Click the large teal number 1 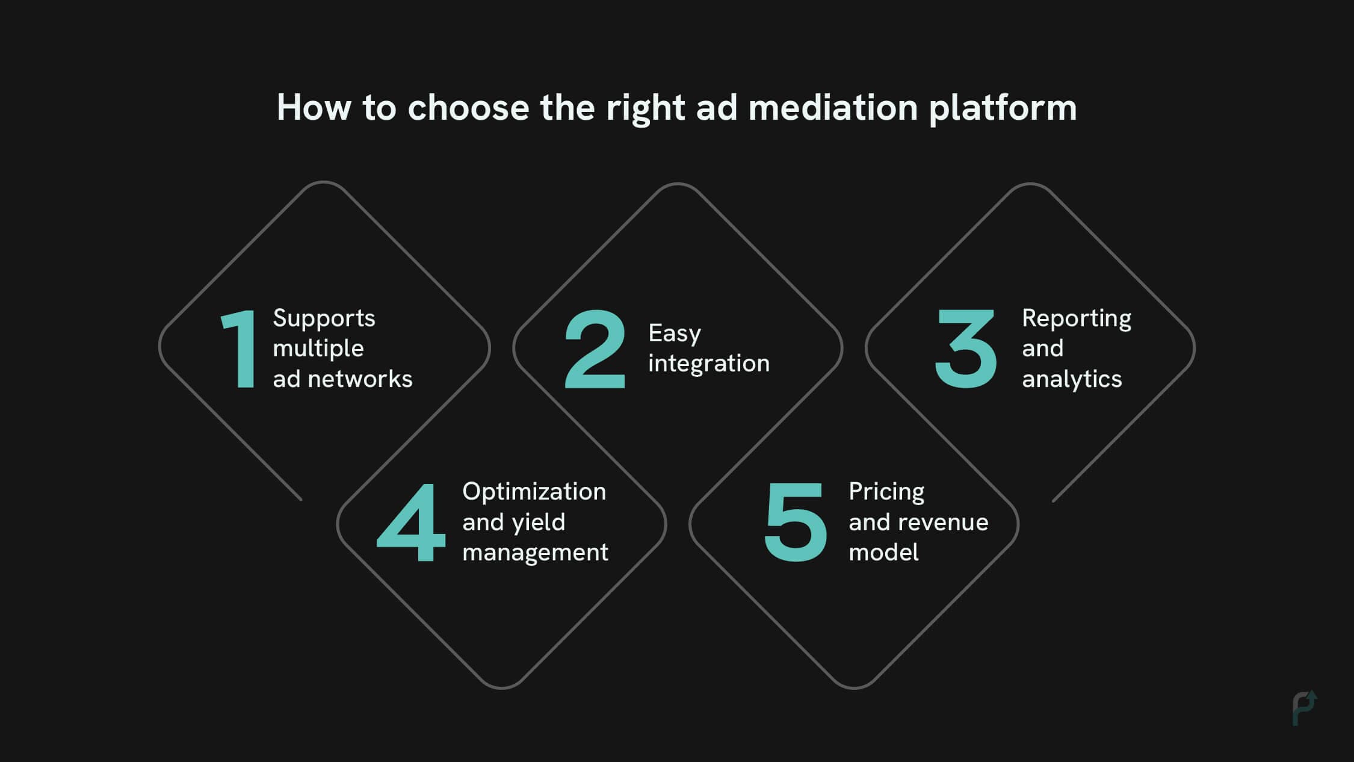tap(241, 349)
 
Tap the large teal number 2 tap(595, 349)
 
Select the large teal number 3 tap(965, 349)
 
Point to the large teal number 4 tap(411, 522)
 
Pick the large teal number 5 tap(796, 522)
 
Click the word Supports tap(324, 318)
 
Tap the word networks tap(360, 379)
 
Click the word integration tap(709, 364)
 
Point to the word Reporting tap(1077, 318)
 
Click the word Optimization tap(534, 492)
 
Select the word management tap(535, 553)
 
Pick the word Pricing tap(886, 492)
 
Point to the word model tap(883, 553)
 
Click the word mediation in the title tap(833, 108)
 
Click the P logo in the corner tap(1304, 708)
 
